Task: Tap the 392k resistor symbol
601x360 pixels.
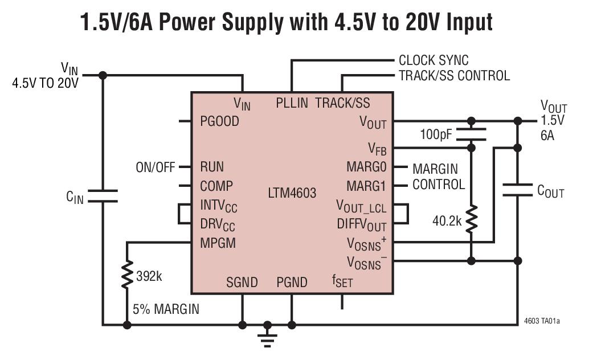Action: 127,276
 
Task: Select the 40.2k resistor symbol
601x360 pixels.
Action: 471,220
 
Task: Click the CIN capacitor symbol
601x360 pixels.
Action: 103,196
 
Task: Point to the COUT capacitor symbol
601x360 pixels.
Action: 517,190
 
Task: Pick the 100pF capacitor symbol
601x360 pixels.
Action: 471,133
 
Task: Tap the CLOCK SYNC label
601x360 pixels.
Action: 434,60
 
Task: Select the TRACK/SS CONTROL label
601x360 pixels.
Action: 454,75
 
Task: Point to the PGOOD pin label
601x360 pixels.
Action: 219,121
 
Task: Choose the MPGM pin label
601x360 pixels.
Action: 218,243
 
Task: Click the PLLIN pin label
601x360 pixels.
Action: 292,103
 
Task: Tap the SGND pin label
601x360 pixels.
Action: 242,282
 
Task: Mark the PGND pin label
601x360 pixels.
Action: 292,282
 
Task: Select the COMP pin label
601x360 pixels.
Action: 216,186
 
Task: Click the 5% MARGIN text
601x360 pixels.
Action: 166,309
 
